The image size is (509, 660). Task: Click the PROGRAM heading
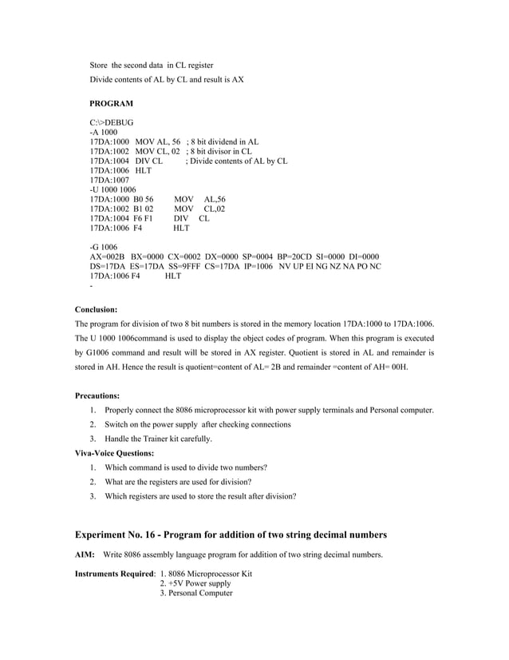coord(111,104)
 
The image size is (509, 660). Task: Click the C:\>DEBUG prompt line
coord(112,123)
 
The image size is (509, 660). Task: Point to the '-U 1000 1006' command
coord(113,189)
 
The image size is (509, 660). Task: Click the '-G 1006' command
coord(104,247)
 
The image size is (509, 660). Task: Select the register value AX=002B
coord(108,256)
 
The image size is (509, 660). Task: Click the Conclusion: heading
coord(96,308)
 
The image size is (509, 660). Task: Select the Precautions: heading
coord(98,396)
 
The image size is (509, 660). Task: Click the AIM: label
coord(85,555)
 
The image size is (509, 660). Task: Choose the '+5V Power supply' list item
coord(195,583)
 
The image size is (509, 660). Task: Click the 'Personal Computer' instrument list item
coord(196,593)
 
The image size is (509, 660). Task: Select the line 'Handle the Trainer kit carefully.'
coord(158,439)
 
